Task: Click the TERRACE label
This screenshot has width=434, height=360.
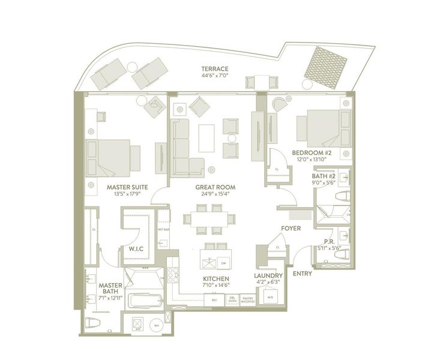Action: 214,69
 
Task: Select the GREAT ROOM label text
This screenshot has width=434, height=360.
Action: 215,187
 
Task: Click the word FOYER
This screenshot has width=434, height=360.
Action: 291,229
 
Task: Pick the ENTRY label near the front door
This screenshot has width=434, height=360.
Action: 302,274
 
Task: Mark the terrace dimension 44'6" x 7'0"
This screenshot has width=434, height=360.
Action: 214,77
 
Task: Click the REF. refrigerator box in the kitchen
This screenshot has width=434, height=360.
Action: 212,299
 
